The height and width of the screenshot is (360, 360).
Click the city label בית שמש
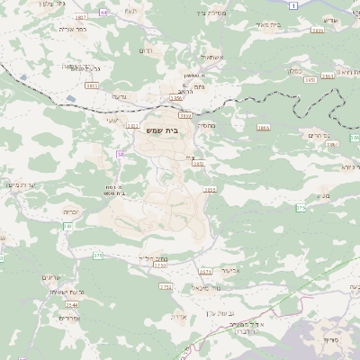(x=163, y=130)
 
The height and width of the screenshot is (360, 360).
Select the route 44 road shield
(x=103, y=13)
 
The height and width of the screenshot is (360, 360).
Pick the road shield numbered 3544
(x=72, y=306)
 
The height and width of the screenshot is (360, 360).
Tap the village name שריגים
(x=52, y=277)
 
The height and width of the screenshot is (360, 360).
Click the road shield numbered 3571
(x=204, y=271)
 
